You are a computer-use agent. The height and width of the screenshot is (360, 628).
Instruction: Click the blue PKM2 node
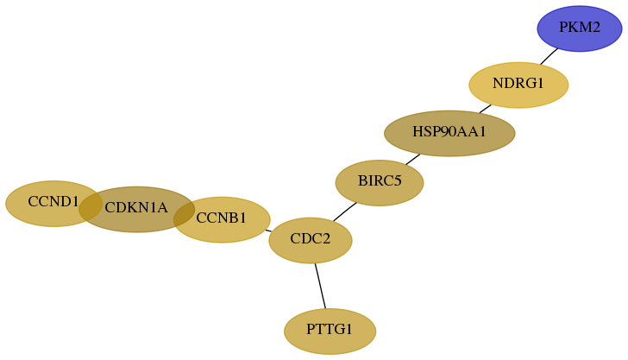coord(579,28)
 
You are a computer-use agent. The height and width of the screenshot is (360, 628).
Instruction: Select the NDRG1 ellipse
coord(518,85)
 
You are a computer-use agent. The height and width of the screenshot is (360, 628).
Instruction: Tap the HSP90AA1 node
coord(449,134)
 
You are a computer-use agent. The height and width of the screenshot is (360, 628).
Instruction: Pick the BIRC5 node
coord(380,183)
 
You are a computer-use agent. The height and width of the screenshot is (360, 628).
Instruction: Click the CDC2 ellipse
coord(311,240)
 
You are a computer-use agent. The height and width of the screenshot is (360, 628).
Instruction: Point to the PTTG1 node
coord(330,332)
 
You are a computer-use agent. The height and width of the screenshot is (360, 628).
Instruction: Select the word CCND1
coord(53,201)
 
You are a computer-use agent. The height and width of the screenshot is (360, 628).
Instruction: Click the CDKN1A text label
coord(136,208)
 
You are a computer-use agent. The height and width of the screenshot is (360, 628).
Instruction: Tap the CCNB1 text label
coord(221,218)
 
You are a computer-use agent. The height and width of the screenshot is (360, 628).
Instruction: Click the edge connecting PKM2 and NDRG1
coord(549,56)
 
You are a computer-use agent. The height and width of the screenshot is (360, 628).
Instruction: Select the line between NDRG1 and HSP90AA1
coord(485,109)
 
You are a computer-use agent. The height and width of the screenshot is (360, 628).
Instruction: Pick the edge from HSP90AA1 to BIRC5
coord(413,159)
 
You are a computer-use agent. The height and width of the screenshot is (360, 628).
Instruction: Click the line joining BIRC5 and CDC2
coord(344,212)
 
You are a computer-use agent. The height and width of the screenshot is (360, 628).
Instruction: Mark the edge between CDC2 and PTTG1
coord(320,286)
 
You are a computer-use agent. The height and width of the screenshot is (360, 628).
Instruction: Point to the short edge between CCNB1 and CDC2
coord(268,231)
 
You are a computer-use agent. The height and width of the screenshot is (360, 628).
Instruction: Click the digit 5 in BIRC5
coord(397,180)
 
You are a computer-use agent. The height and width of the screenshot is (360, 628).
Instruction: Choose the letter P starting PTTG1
coord(310,329)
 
